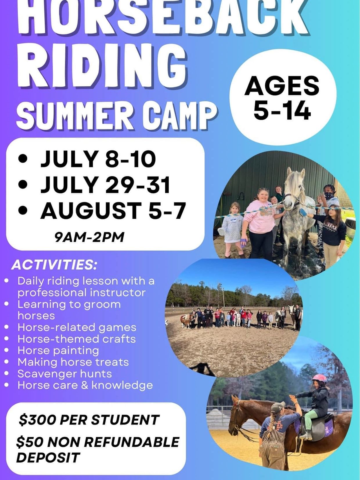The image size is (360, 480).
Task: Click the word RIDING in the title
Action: pos(102,67)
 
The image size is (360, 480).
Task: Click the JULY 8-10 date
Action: pos(98,159)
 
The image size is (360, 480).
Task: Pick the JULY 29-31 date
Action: pos(105,185)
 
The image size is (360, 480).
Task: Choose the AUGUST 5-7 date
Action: pos(113,211)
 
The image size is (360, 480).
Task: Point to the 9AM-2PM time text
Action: pos(89,237)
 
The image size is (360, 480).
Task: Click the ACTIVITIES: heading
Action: pos(54,265)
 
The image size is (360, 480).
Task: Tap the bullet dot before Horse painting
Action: pos(7,350)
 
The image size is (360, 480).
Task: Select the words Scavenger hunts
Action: pos(64,374)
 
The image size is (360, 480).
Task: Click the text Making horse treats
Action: pos(73,362)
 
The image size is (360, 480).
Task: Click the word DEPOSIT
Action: pos(48,457)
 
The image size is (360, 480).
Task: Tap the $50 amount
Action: pos(29,442)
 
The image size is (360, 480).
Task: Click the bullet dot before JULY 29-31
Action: pos(23,185)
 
